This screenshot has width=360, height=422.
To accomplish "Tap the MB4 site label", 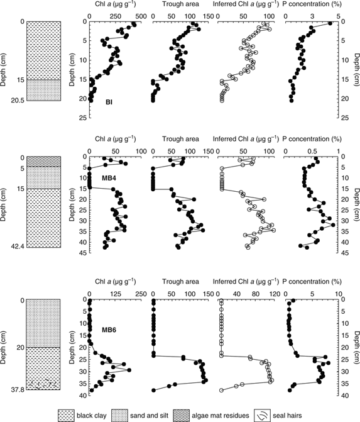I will pyautogui.click(x=111, y=179).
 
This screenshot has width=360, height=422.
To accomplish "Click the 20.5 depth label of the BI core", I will pyautogui.click(x=16, y=101).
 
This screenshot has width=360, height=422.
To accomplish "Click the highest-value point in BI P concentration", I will pyautogui.click(x=330, y=24).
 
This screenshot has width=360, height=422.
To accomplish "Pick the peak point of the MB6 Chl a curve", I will pyautogui.click(x=129, y=370).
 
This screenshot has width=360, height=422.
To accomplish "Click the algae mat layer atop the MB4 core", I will pyautogui.click(x=41, y=162).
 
